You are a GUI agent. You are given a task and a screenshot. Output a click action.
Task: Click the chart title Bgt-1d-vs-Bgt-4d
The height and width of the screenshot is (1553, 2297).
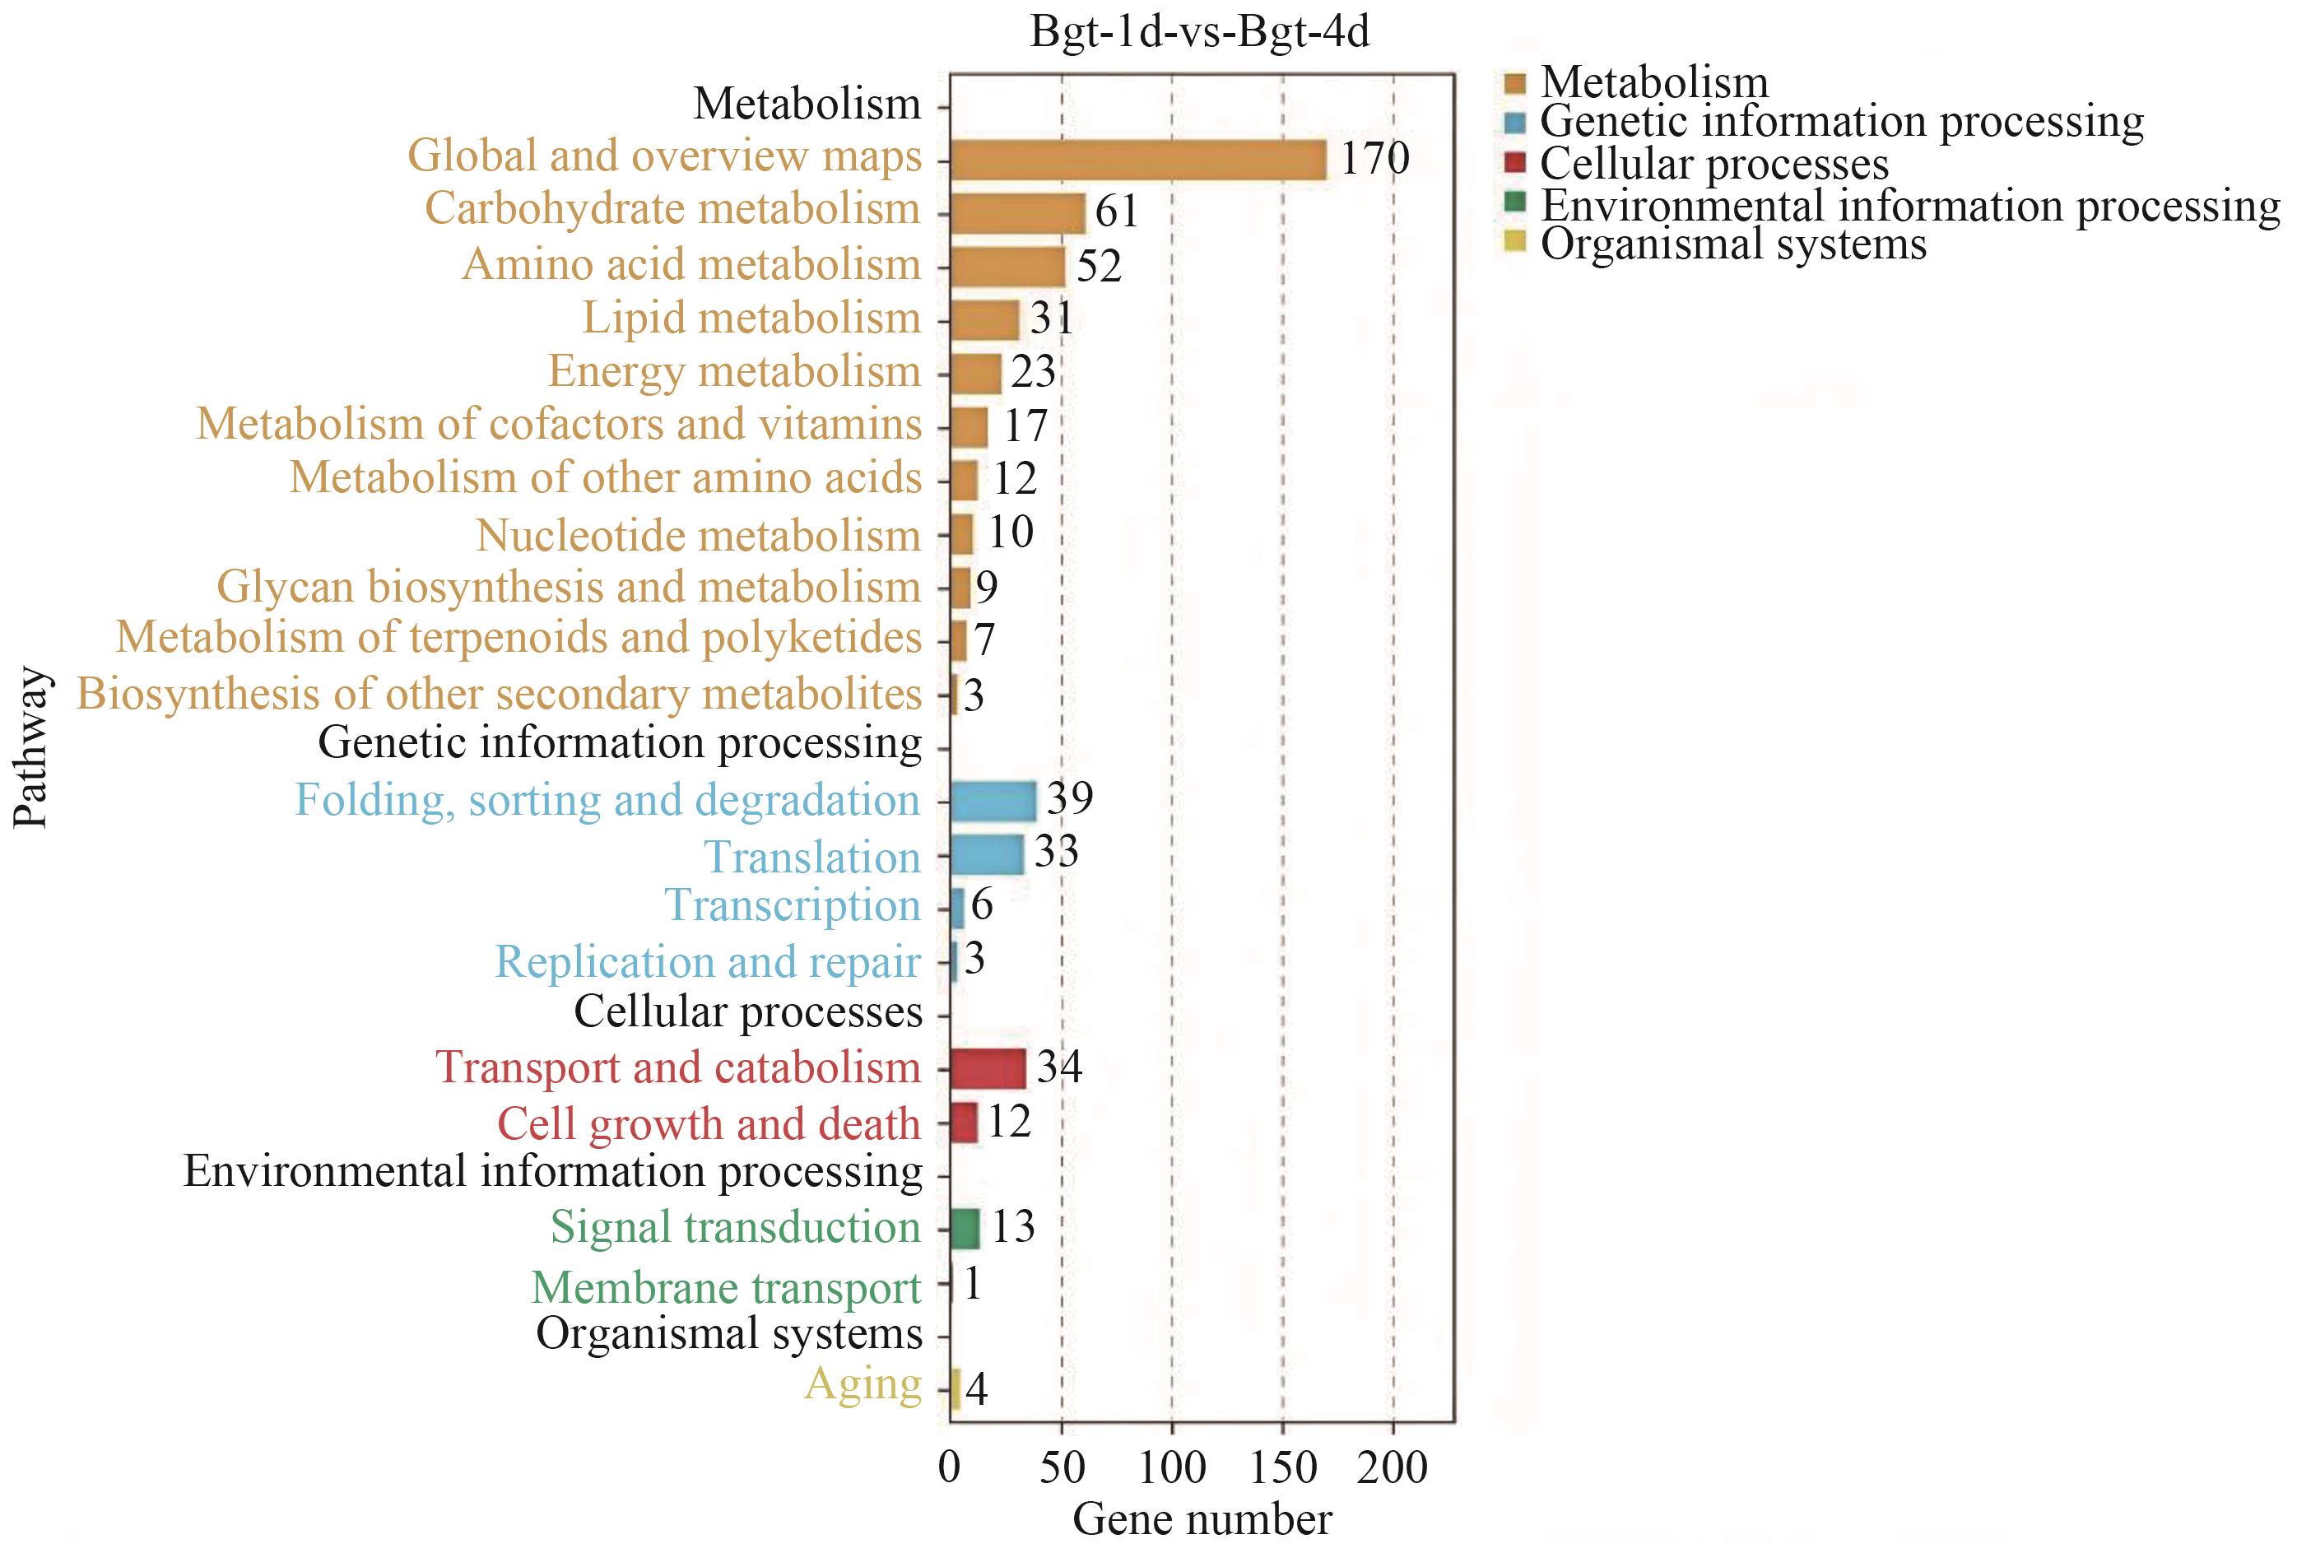(1199, 33)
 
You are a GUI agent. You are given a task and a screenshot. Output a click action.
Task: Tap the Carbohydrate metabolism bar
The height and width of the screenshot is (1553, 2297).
(1017, 212)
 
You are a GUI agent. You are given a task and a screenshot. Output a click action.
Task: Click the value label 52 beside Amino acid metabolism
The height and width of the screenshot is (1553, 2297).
(1099, 267)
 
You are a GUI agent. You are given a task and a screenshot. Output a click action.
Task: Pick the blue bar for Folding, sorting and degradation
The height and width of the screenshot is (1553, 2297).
(993, 801)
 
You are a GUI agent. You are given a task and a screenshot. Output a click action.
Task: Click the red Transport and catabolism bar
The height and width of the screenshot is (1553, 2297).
(988, 1067)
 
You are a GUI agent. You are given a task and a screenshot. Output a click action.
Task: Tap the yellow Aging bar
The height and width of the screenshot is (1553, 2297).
(955, 1388)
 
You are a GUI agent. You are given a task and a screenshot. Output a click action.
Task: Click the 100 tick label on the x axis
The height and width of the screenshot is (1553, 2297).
(1171, 1468)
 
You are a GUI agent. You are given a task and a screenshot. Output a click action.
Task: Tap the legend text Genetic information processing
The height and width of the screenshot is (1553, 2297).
(1841, 122)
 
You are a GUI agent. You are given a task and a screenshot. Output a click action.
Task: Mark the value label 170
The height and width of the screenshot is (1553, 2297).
(1374, 158)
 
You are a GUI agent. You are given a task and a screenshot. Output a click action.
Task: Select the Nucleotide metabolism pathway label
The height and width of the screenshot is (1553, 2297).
(698, 535)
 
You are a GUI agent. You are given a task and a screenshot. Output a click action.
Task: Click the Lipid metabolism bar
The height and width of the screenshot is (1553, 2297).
(984, 319)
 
